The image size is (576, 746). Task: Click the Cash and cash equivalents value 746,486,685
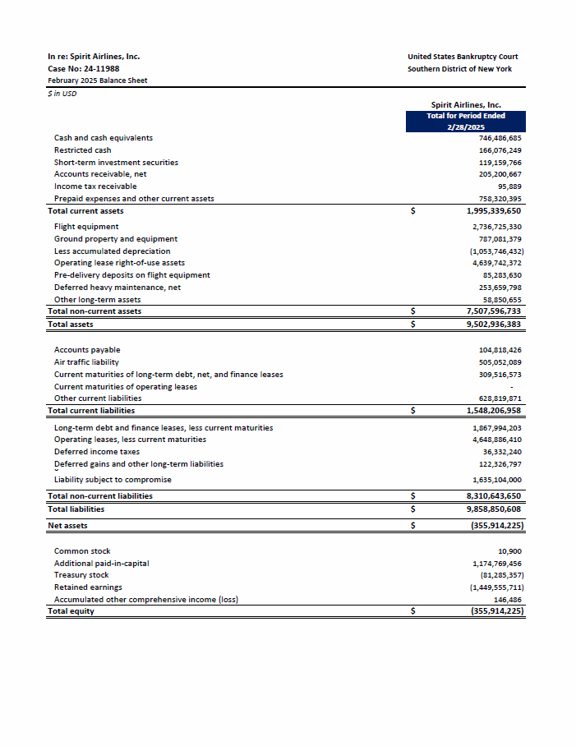pyautogui.click(x=500, y=138)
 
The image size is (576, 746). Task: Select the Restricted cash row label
pyautogui.click(x=82, y=150)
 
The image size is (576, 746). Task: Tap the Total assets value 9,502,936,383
pyautogui.click(x=493, y=325)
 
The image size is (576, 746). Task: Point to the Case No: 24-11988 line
pyautogui.click(x=84, y=68)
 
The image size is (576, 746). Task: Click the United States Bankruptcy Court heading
pyautogui.click(x=463, y=57)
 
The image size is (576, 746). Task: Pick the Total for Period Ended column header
pyautogui.click(x=466, y=116)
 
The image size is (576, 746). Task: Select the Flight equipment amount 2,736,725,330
pyautogui.click(x=497, y=227)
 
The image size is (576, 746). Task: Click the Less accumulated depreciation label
pyautogui.click(x=112, y=251)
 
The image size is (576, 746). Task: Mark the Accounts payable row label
pyautogui.click(x=87, y=350)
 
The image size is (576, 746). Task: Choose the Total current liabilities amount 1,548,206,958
pyautogui.click(x=493, y=411)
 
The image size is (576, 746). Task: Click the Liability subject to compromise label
pyautogui.click(x=113, y=480)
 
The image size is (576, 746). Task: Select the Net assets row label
pyautogui.click(x=67, y=526)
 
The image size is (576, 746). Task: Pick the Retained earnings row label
pyautogui.click(x=88, y=587)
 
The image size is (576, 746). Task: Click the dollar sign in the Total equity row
pyautogui.click(x=413, y=612)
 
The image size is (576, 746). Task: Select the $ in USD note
pyautogui.click(x=62, y=93)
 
